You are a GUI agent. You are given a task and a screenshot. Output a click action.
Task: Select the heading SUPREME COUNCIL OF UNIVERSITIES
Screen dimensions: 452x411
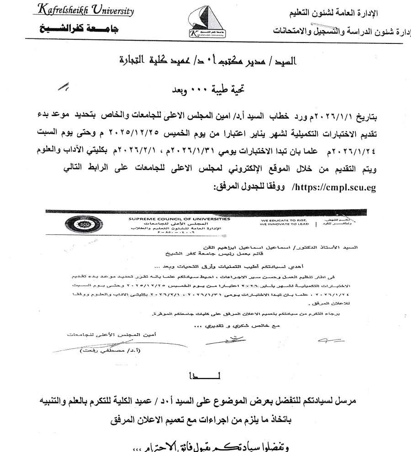179,219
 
